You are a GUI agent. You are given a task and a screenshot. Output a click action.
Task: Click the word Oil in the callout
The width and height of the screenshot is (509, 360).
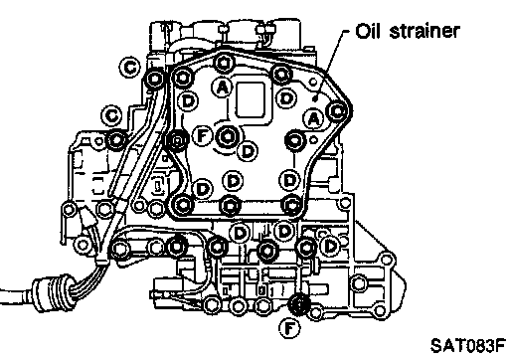(x=367, y=31)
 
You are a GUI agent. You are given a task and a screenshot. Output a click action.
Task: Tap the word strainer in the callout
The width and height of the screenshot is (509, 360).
(x=424, y=31)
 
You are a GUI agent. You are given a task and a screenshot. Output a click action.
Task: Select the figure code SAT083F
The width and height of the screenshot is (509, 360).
(x=467, y=345)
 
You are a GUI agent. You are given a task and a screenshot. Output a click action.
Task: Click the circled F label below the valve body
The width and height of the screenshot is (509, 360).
(x=289, y=329)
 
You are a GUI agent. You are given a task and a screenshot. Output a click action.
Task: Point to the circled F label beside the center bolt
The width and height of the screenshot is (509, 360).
(x=203, y=135)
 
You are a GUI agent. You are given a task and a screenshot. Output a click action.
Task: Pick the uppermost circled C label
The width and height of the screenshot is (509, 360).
(x=129, y=68)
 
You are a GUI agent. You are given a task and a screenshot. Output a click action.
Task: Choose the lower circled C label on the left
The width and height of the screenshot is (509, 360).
(x=111, y=116)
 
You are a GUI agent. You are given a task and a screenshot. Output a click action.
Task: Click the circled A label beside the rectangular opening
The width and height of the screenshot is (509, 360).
(x=222, y=87)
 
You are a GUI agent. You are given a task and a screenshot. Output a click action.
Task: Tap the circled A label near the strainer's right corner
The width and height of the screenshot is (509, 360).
(x=314, y=118)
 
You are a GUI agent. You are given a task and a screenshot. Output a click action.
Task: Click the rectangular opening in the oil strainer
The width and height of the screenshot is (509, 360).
(x=251, y=99)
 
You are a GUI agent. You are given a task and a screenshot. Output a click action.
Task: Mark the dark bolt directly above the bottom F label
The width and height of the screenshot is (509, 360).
(x=299, y=304)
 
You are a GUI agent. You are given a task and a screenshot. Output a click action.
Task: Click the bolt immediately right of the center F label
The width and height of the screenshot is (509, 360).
(x=228, y=136)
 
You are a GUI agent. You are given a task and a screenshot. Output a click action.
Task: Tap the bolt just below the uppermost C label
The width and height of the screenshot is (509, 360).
(x=154, y=80)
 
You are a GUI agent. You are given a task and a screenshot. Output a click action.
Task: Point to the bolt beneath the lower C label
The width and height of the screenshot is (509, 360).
(x=116, y=140)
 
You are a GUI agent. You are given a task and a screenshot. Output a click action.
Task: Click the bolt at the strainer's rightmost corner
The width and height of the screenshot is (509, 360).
(x=338, y=111)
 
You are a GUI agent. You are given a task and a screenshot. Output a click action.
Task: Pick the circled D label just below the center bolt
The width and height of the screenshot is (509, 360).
(x=248, y=151)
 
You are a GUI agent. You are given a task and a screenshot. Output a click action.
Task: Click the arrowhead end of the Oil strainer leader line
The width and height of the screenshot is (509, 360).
(x=315, y=98)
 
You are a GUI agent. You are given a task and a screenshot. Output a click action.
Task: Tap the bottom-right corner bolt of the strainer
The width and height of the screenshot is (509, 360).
(x=291, y=205)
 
